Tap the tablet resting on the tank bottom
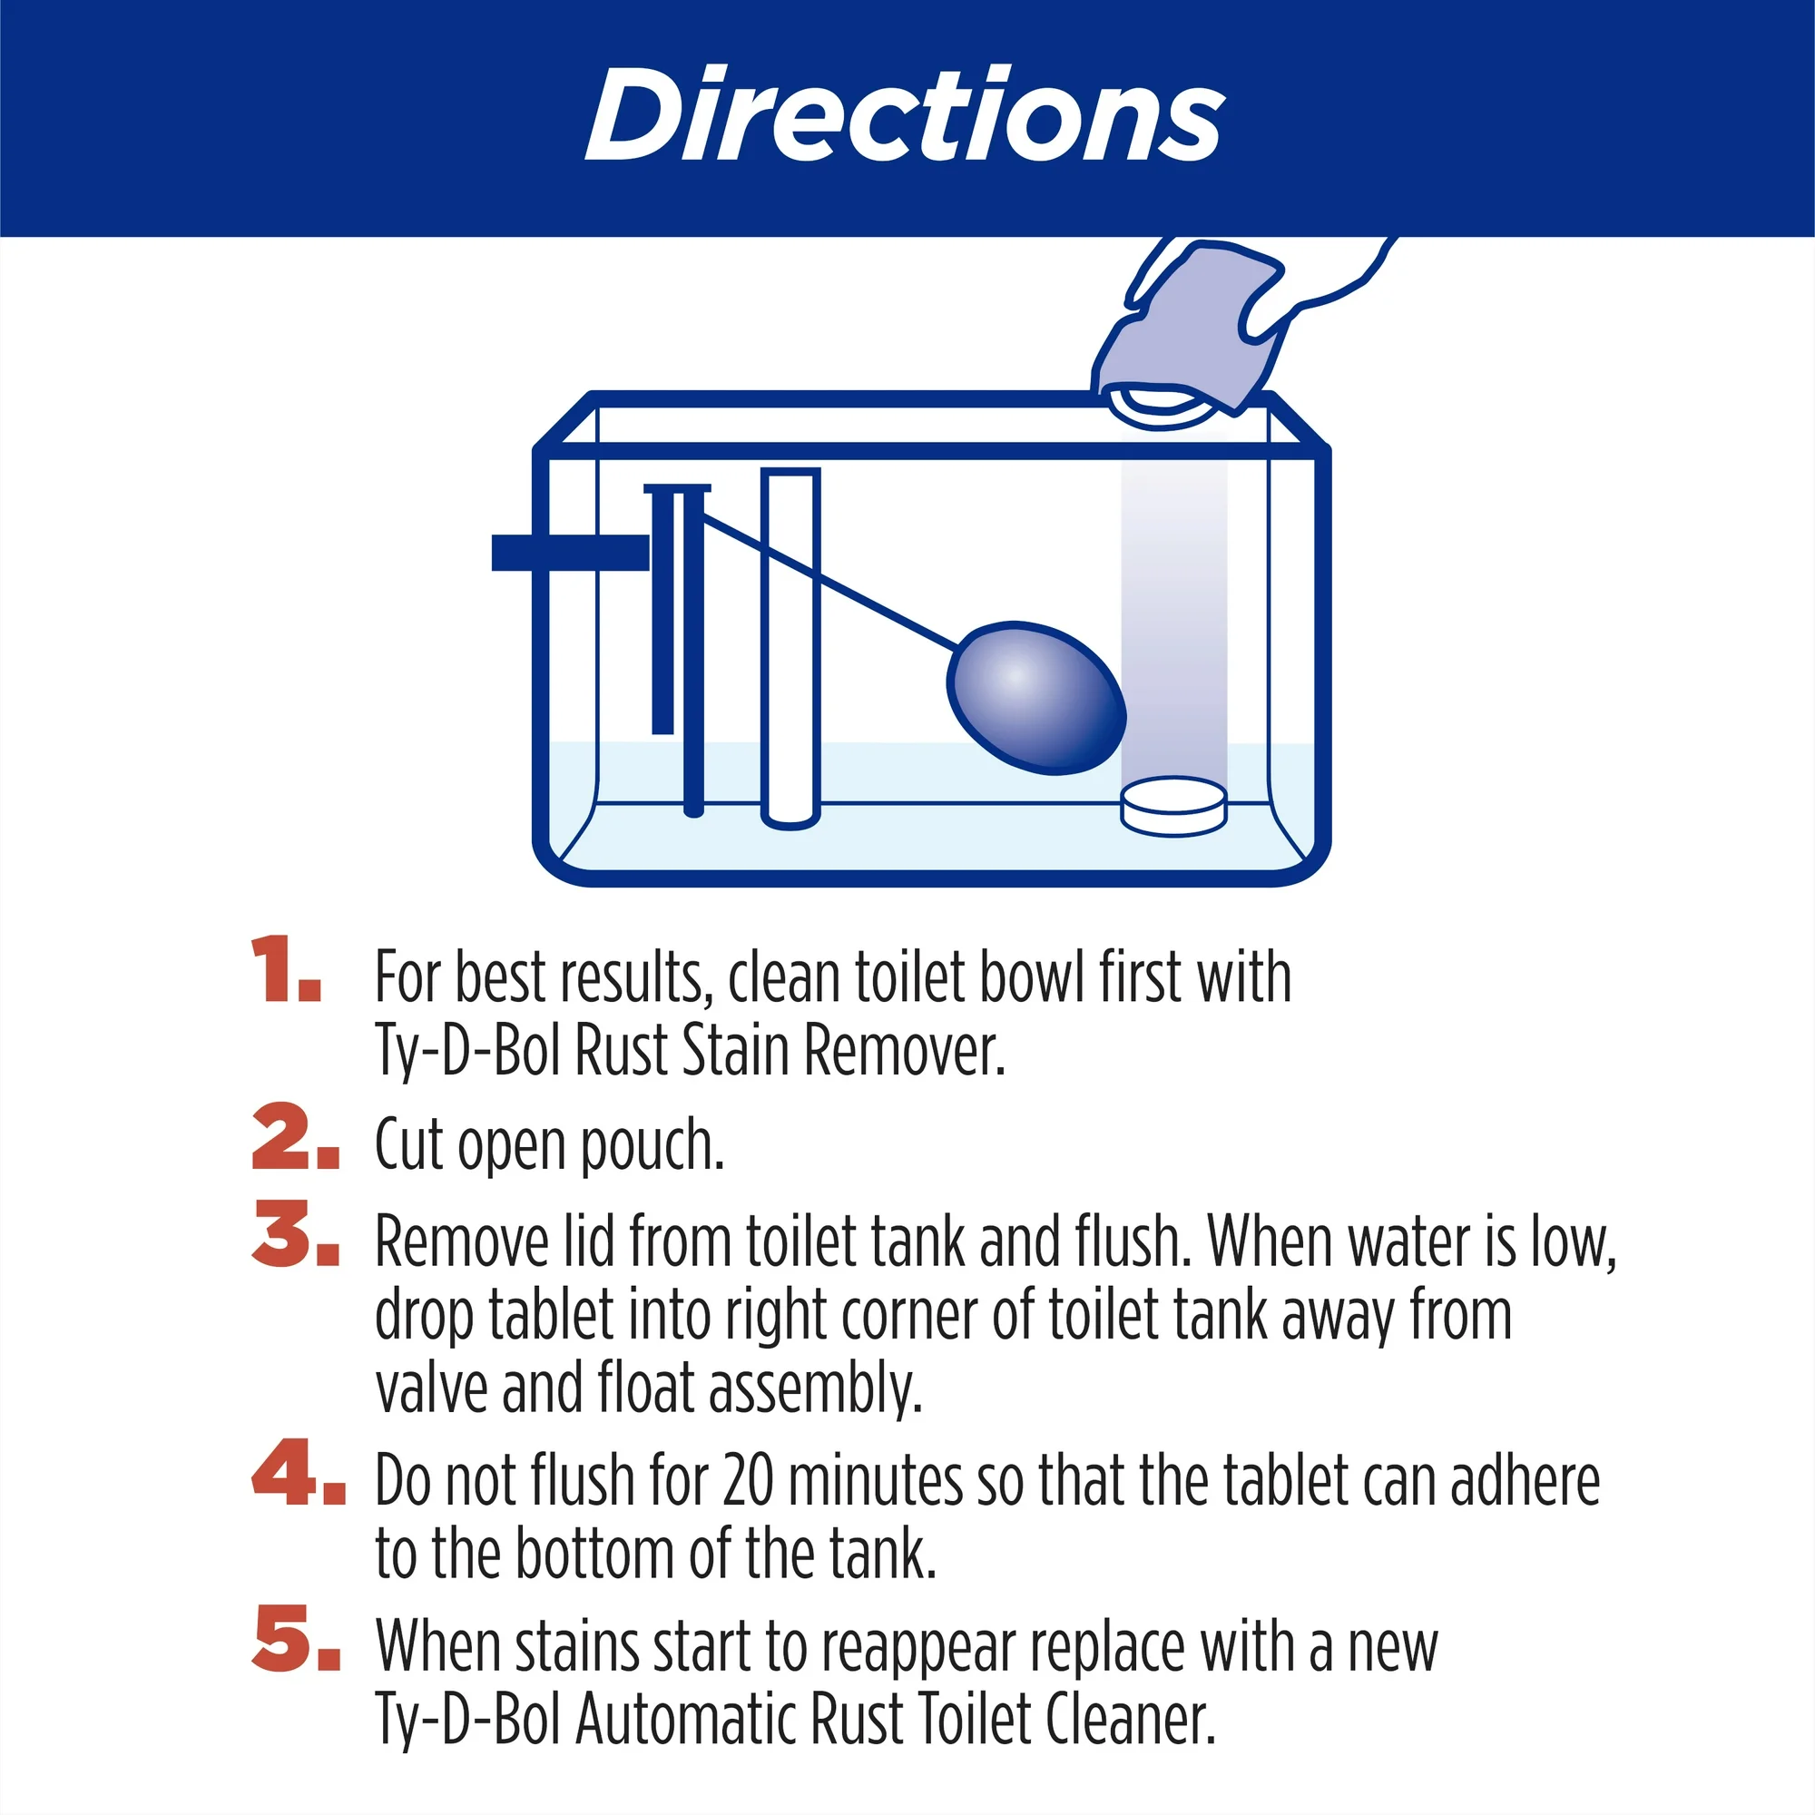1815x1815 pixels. click(1173, 806)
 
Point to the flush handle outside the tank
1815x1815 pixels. click(570, 553)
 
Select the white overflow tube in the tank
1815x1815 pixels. click(790, 648)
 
